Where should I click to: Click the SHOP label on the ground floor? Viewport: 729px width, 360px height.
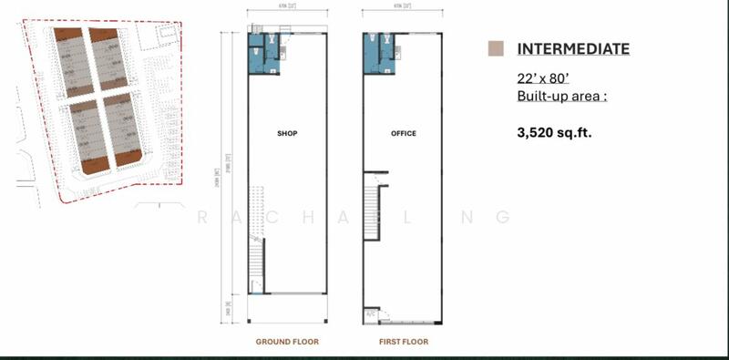point(287,134)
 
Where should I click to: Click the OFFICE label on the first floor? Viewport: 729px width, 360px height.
point(403,134)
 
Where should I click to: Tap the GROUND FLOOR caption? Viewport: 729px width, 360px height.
point(287,342)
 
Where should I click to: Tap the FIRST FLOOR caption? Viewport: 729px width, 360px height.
point(403,342)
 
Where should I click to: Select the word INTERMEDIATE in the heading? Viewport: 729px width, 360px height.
point(573,49)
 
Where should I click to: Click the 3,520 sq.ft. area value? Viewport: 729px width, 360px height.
point(553,132)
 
